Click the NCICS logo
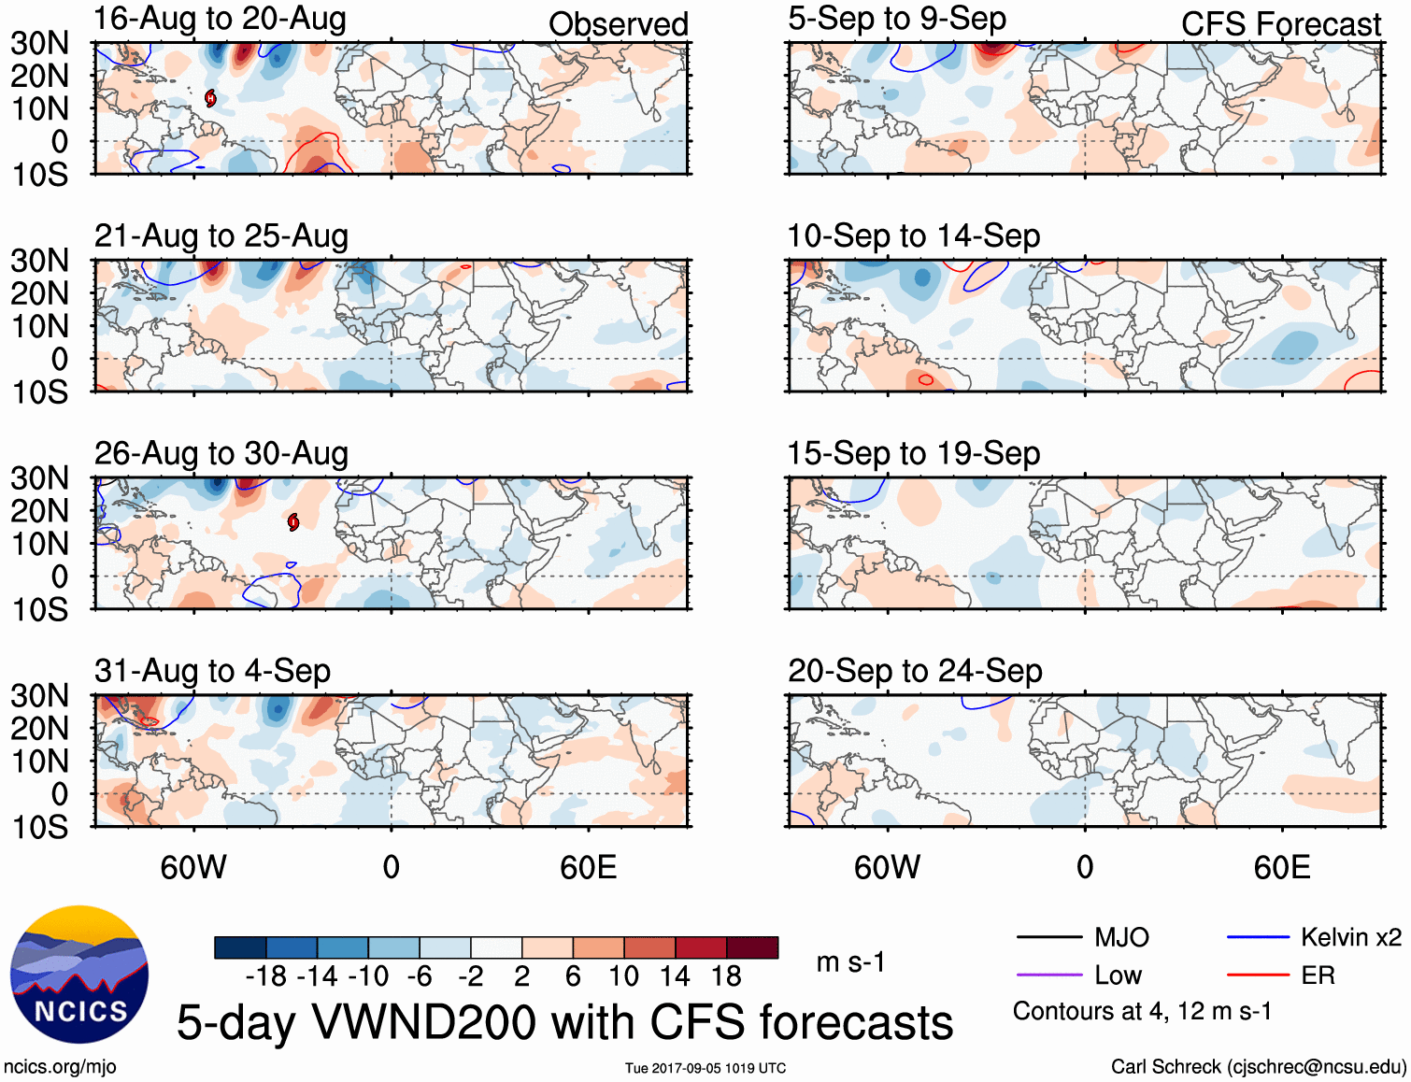[79, 975]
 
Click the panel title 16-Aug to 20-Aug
[220, 19]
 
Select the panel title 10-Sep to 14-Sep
[913, 236]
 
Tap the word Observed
[618, 24]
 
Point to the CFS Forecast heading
[1280, 24]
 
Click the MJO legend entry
[1121, 937]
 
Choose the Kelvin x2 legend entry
[1350, 937]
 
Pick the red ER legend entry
[1318, 975]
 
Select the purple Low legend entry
[1118, 975]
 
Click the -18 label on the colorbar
[265, 976]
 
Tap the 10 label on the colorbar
[623, 976]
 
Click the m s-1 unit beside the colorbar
[850, 962]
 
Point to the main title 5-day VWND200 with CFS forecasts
[564, 1022]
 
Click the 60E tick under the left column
[588, 867]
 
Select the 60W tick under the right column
[887, 867]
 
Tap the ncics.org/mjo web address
[60, 1067]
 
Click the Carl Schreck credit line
[1258, 1067]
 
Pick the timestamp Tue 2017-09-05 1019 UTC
[705, 1068]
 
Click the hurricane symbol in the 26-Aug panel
[293, 521]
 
